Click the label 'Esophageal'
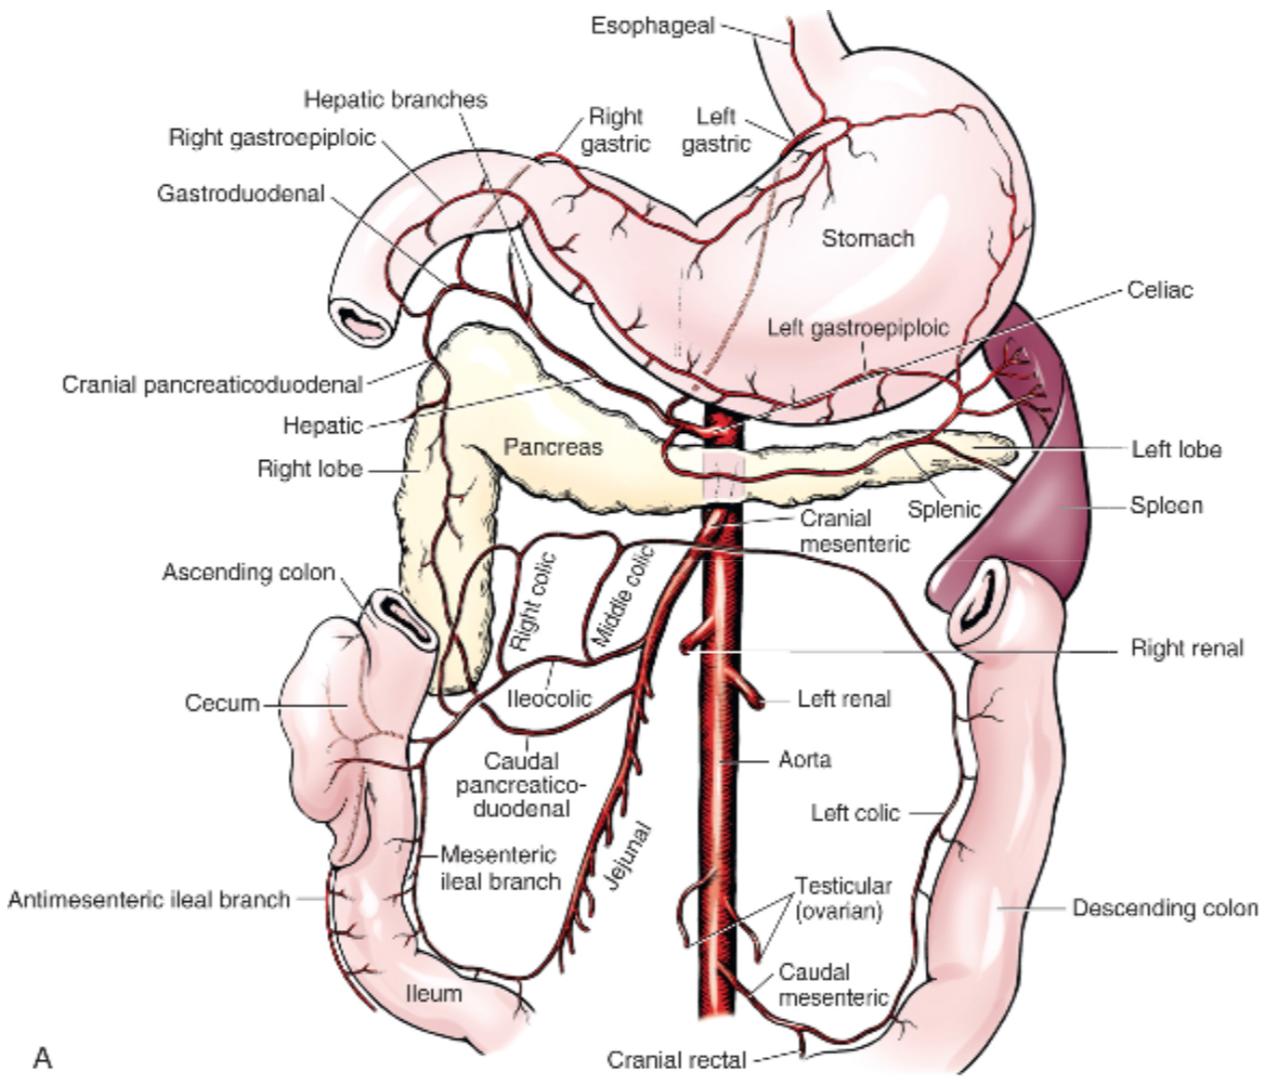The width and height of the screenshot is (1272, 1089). tap(652, 26)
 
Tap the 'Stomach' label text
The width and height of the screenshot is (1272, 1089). tap(867, 238)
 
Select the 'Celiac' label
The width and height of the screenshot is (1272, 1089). tap(1159, 290)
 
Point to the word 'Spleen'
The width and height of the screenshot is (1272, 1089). tap(1166, 506)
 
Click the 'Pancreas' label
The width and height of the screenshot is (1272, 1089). tap(553, 447)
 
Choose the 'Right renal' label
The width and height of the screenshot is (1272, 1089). tap(1187, 649)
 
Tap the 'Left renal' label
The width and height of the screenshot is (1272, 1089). tap(844, 700)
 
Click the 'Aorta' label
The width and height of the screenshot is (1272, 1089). tap(804, 760)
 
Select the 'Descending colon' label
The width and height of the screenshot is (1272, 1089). tap(1165, 908)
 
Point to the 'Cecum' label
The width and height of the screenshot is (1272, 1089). tap(222, 703)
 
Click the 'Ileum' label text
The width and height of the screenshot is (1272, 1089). tap(434, 993)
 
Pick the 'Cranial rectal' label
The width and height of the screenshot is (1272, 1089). tap(676, 1060)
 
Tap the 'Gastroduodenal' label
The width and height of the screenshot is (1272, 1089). tap(240, 193)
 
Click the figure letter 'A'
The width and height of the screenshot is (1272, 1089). tap(42, 1058)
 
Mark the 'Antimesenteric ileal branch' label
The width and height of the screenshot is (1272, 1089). tap(149, 899)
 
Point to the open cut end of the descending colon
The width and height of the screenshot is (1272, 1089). tap(982, 607)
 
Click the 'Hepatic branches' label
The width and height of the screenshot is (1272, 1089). tap(396, 99)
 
